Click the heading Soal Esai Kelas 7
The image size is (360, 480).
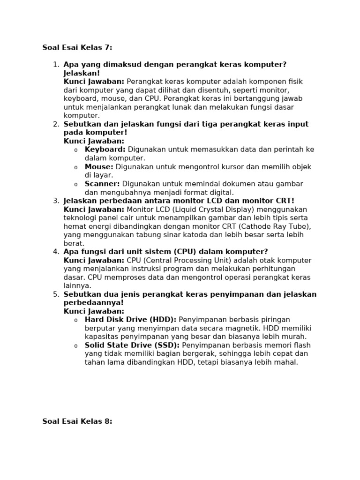coord(77,47)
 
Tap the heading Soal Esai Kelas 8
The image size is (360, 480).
coord(77,421)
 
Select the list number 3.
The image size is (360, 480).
coord(56,201)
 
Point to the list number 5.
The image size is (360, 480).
coord(56,294)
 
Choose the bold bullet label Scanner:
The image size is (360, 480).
coord(102,184)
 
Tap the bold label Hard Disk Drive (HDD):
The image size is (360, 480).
coord(130,320)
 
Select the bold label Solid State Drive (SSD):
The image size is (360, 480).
coord(132,345)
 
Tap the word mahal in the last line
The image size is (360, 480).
coord(286,362)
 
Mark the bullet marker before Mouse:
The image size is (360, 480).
coord(75,167)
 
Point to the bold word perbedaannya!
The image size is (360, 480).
coord(94,303)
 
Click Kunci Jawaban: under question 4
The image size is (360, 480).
coord(94,261)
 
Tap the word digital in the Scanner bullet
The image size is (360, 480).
coord(220,192)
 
